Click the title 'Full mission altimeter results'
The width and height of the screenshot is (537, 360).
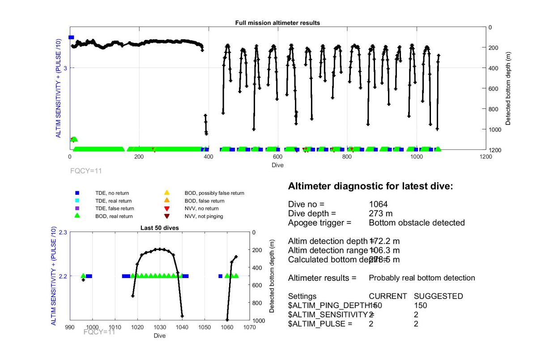tap(277, 23)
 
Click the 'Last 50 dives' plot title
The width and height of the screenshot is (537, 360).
tap(160, 228)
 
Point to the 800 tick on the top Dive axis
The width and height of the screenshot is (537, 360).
tap(347, 157)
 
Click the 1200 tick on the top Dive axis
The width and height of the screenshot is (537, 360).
tap(485, 157)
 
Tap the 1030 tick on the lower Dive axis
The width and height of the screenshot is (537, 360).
tap(160, 328)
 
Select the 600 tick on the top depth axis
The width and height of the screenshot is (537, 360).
tap(494, 88)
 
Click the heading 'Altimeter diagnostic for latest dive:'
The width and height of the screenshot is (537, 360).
tap(371, 186)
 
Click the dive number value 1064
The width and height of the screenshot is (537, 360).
tap(378, 205)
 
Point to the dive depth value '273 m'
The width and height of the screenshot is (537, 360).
tap(380, 214)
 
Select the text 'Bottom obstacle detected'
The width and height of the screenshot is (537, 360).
tap(417, 223)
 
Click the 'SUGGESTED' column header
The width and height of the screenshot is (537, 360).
tap(438, 296)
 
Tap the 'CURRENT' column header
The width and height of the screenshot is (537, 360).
tap(388, 296)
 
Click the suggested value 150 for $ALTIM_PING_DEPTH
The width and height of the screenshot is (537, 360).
tap(420, 305)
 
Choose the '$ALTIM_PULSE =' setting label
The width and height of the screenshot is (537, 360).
tap(320, 324)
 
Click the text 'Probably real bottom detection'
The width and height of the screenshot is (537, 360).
tap(422, 278)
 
